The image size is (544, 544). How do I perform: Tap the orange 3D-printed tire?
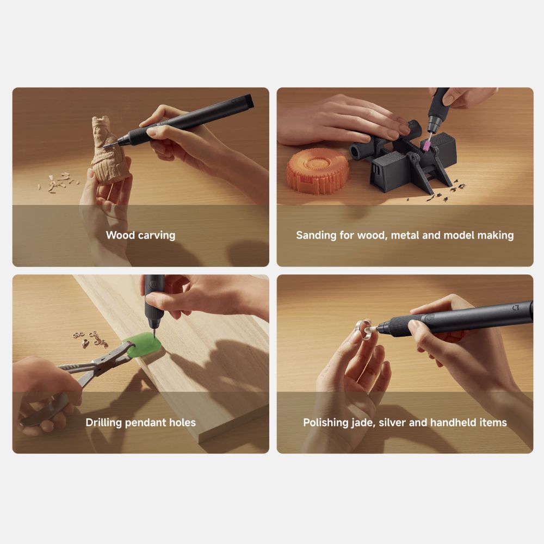tap(317, 170)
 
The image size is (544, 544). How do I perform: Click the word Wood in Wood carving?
tap(120, 235)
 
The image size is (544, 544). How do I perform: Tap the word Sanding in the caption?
tap(316, 236)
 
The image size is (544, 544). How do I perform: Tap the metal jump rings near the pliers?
tap(91, 339)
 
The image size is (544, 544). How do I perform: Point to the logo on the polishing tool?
tap(516, 307)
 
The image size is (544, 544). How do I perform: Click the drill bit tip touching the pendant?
tap(153, 333)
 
